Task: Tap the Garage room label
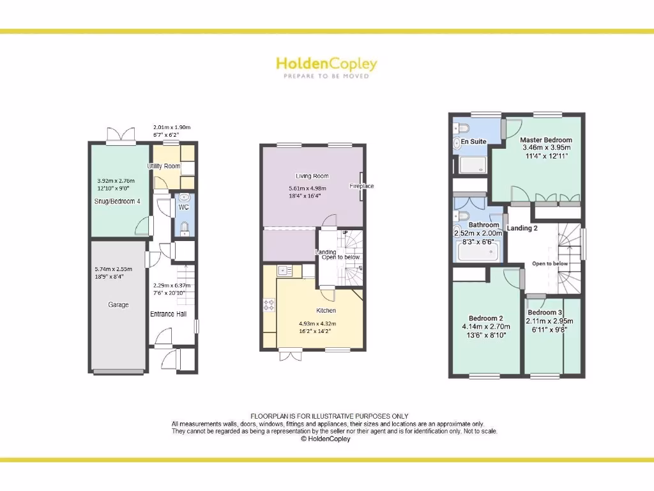[118, 305]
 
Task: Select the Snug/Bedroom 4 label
[118, 201]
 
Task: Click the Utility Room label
[163, 166]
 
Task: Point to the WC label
[183, 207]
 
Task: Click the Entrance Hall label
[167, 314]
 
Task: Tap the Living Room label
[312, 176]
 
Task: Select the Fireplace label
[361, 186]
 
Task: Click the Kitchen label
[326, 311]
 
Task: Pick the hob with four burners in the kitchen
[269, 305]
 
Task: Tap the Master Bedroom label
[545, 139]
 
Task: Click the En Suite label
[474, 141]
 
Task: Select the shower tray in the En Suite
[472, 165]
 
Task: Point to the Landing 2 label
[522, 228]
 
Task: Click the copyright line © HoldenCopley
[326, 439]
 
